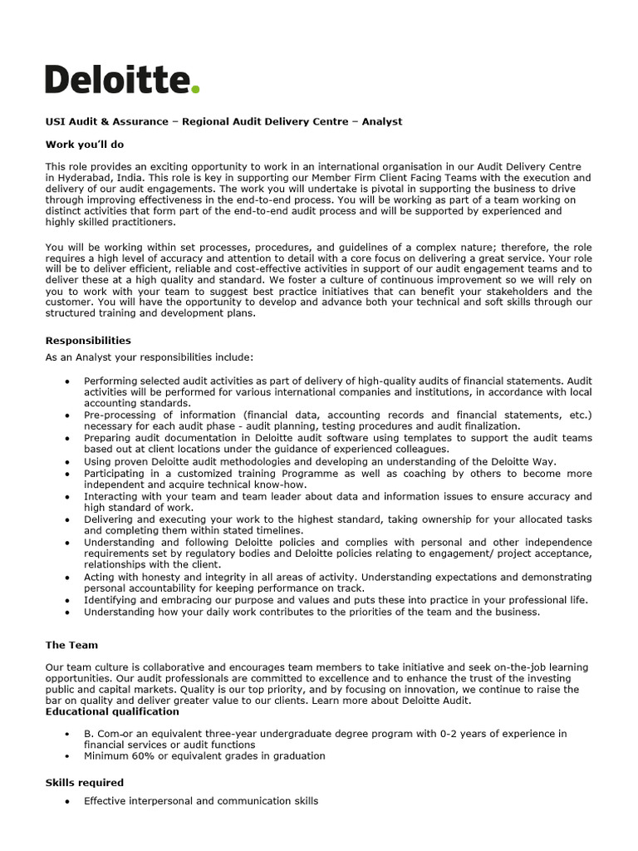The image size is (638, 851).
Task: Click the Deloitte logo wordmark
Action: (117, 80)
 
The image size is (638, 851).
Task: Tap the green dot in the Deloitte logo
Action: (196, 88)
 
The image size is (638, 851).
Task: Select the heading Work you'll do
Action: (84, 145)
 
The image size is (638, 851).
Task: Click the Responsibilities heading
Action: (88, 341)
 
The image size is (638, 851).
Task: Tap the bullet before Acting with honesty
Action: (66, 577)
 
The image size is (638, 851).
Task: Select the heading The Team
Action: (71, 645)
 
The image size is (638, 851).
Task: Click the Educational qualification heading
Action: (112, 711)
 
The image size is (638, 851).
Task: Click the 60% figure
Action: (143, 756)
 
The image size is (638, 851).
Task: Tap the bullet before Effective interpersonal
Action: (66, 801)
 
